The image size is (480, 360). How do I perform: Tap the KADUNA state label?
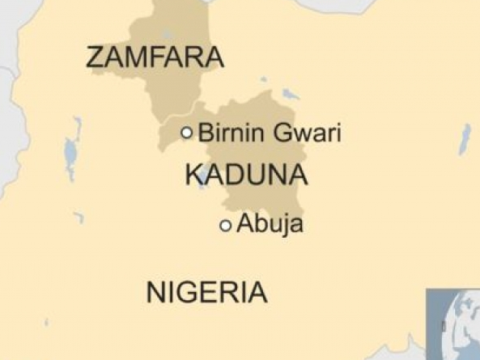[x=246, y=174]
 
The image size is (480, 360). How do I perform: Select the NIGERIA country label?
[x=206, y=292]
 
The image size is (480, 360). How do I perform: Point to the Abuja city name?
[x=270, y=224]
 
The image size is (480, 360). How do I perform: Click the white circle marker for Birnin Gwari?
[x=187, y=133]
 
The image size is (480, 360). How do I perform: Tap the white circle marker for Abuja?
[x=226, y=226]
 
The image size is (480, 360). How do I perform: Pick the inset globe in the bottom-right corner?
[x=453, y=324]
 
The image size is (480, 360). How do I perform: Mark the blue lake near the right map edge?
[x=465, y=139]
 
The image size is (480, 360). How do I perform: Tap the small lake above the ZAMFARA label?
[x=166, y=35]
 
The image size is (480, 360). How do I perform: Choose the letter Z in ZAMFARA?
[x=95, y=57]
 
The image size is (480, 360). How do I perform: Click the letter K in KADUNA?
[x=194, y=174]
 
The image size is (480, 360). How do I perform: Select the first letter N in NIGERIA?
[x=155, y=292]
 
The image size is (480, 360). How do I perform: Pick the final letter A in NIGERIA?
[x=257, y=292]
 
